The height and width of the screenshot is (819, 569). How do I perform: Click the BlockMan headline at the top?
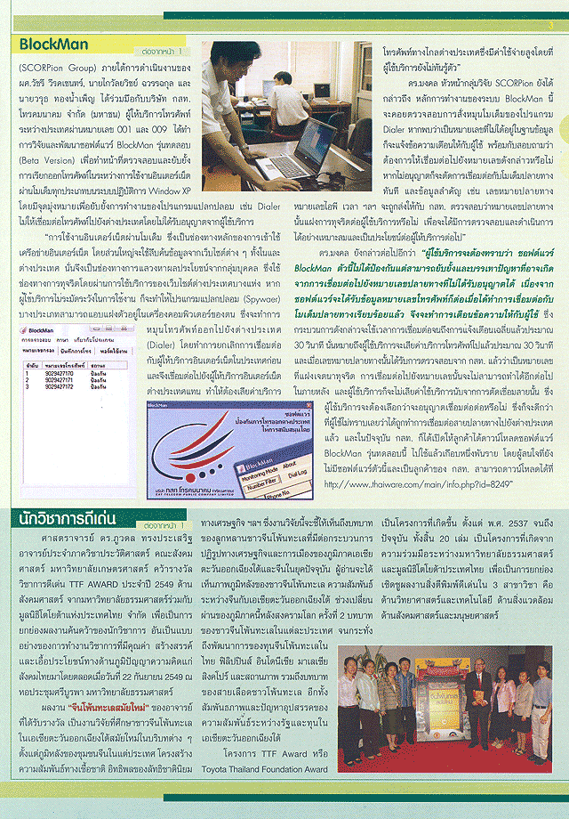pyautogui.click(x=55, y=44)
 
